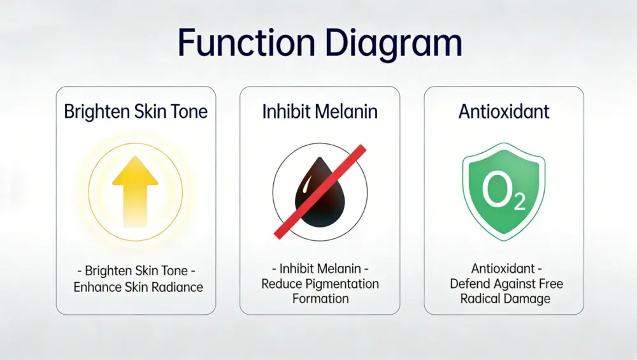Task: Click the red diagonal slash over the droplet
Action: pyautogui.click(x=320, y=191)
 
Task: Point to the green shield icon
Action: pyautogui.click(x=504, y=191)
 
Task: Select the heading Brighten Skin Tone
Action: pyautogui.click(x=136, y=112)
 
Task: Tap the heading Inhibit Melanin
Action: pyautogui.click(x=320, y=112)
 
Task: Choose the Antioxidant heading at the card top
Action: pyautogui.click(x=504, y=112)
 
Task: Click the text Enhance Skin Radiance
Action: pyautogui.click(x=138, y=287)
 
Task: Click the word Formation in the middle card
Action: pyautogui.click(x=320, y=298)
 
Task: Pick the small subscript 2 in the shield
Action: pyautogui.click(x=519, y=203)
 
